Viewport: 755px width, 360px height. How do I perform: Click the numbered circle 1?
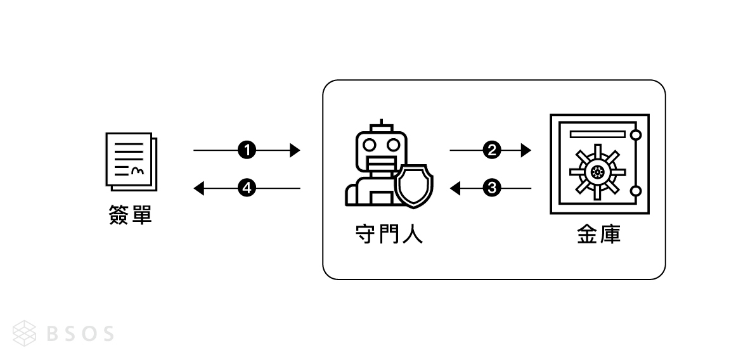(x=246, y=150)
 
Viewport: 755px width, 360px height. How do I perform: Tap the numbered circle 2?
(x=491, y=150)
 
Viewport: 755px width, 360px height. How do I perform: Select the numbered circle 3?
(x=491, y=188)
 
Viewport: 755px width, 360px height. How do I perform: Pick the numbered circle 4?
(x=246, y=188)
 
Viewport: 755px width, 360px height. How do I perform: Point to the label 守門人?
(x=388, y=235)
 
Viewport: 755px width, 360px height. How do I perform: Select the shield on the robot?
(x=414, y=185)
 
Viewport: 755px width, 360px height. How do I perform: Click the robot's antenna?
(x=381, y=124)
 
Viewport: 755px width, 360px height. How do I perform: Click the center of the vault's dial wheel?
(x=597, y=171)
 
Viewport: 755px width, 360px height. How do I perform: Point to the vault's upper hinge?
(x=636, y=136)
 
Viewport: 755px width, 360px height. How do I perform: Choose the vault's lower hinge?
(x=636, y=191)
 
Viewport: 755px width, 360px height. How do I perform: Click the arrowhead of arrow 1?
(x=294, y=150)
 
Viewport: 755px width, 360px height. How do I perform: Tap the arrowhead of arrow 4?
(x=198, y=188)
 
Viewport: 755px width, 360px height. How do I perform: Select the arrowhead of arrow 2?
(x=526, y=150)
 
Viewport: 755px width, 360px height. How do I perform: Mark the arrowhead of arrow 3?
(x=455, y=188)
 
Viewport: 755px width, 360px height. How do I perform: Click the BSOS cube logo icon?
(x=26, y=333)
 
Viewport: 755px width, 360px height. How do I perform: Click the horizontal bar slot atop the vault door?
(x=597, y=134)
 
